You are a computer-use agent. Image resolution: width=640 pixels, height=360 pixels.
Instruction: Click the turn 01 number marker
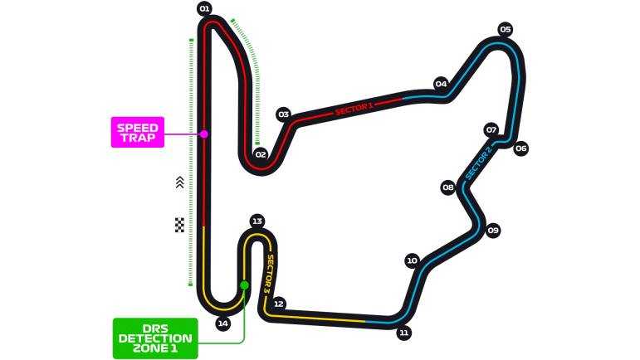click(204, 8)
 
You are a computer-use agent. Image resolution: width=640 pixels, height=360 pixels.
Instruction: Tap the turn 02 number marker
click(261, 154)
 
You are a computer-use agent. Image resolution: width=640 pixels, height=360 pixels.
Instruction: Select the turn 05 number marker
click(506, 29)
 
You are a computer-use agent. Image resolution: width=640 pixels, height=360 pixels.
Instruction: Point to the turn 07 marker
click(491, 130)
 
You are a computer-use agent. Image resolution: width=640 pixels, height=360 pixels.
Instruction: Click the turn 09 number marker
click(493, 231)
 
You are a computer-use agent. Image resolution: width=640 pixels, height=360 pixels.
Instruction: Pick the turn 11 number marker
click(403, 333)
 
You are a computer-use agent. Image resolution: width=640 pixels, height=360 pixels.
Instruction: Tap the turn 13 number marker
click(256, 221)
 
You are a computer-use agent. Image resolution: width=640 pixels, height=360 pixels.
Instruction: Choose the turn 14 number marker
click(222, 324)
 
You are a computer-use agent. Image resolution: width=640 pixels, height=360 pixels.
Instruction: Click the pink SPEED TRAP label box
click(138, 132)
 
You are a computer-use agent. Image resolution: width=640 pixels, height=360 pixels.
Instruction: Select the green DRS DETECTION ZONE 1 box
click(155, 338)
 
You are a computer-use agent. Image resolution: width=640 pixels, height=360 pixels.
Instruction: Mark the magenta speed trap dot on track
click(204, 134)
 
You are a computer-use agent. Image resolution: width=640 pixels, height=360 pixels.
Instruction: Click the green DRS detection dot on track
click(244, 285)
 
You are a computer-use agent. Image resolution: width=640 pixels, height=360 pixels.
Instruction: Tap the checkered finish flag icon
click(179, 225)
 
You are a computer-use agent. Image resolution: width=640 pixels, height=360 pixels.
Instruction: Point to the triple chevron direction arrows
click(179, 182)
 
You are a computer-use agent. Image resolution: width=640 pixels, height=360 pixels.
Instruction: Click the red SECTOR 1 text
click(354, 109)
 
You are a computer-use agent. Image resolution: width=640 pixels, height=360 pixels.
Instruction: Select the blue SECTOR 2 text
click(478, 163)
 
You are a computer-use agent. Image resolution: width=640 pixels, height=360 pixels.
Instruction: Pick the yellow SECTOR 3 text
click(269, 274)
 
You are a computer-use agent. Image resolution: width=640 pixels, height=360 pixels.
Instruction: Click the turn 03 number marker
click(283, 114)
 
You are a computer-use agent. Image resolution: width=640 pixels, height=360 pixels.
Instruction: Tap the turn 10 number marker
click(412, 260)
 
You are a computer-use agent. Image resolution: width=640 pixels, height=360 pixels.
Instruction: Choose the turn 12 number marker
click(278, 304)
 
